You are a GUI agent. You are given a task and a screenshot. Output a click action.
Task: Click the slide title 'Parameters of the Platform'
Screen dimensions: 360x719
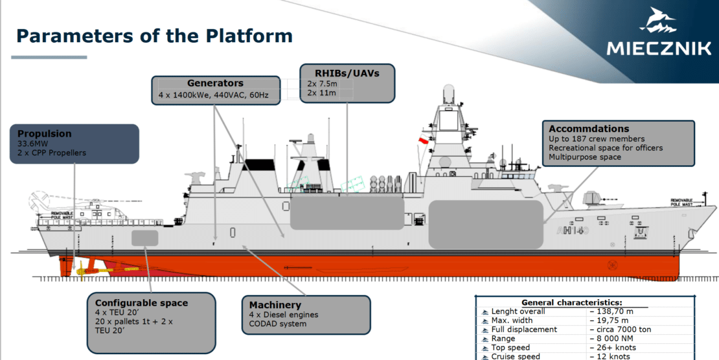154,36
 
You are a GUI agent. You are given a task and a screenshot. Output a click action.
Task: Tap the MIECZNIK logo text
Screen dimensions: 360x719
658,48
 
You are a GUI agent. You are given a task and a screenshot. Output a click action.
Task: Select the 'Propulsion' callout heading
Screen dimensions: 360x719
45,134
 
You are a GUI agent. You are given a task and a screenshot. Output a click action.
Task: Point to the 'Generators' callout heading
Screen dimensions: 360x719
215,84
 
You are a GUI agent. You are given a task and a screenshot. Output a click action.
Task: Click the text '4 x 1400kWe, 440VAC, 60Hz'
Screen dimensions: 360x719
214,96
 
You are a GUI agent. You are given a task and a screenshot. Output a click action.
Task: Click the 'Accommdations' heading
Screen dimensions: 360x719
589,129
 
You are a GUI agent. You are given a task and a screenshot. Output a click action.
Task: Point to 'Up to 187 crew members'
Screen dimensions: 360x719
597,139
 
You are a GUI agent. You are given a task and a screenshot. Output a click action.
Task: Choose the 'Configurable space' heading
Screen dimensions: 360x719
141,303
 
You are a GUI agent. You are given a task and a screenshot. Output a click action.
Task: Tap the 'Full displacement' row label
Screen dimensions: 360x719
524,330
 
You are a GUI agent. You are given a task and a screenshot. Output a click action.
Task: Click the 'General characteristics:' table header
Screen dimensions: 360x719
571,302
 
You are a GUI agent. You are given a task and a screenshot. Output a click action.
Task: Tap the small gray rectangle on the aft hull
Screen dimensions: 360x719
144,238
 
